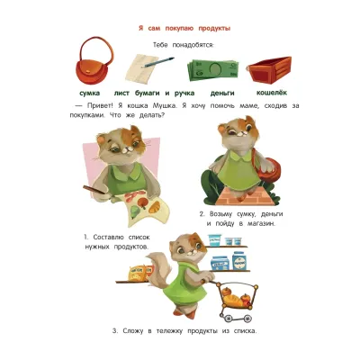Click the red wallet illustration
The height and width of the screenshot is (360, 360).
(270, 67)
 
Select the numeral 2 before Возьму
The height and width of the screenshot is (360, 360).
(202, 213)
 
